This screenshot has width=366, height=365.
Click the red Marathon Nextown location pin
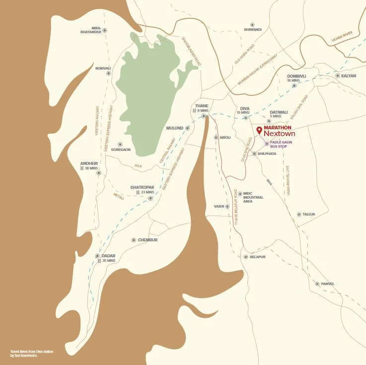pos(259,131)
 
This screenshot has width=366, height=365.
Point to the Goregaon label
pos(121,149)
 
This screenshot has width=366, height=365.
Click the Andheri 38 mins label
pos(90,166)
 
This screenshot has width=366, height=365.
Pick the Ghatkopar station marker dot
pos(150,199)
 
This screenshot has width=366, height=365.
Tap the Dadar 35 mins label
pos(108,258)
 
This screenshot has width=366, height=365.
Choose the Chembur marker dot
pos(134,240)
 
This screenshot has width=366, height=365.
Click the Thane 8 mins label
pos(202,108)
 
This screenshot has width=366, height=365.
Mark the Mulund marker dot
pos(187,128)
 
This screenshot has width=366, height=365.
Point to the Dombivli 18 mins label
pos(296,78)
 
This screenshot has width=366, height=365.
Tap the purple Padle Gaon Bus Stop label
pos(281,145)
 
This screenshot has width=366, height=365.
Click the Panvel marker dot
pos(317,284)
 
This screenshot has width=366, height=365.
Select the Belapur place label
pos(258,257)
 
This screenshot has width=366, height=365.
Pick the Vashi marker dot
pos(227,206)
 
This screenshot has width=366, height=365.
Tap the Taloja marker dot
pos(298,215)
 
